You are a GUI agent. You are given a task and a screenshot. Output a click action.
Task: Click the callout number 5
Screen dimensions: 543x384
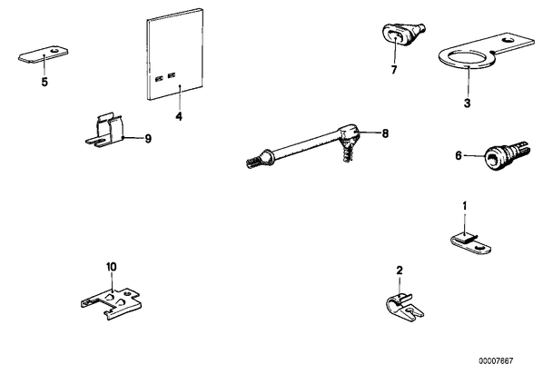(44, 83)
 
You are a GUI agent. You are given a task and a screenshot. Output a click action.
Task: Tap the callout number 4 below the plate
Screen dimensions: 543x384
(179, 116)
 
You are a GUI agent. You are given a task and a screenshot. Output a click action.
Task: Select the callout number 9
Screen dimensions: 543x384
(148, 139)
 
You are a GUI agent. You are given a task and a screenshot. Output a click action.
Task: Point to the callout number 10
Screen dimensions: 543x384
(112, 267)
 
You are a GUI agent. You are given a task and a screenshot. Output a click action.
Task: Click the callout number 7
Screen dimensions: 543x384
(394, 70)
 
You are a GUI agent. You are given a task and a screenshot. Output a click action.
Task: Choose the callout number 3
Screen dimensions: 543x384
(467, 103)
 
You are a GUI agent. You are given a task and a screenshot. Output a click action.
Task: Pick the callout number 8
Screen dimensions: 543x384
(385, 133)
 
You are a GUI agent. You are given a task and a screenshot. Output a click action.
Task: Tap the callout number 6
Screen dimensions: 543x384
(459, 156)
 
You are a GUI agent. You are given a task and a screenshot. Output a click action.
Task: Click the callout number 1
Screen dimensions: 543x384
(465, 206)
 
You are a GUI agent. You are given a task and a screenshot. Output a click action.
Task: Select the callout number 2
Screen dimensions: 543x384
(400, 271)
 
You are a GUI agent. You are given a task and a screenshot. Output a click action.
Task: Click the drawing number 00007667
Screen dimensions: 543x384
(496, 361)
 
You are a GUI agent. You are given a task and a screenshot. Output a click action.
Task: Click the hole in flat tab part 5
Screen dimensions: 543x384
(54, 51)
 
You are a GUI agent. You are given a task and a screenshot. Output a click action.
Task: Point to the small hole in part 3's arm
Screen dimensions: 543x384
(508, 40)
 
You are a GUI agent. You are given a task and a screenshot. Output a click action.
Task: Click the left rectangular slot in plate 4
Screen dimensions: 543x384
(159, 79)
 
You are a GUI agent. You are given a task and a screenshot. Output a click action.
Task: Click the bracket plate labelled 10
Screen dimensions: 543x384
(112, 302)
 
